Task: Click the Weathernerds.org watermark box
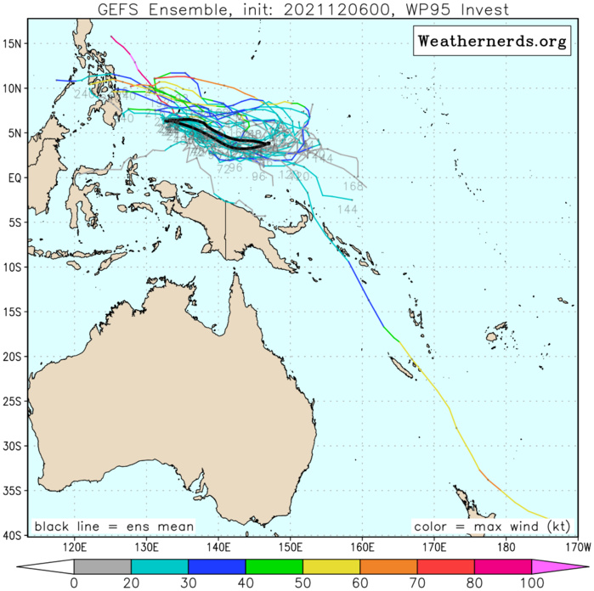(x=491, y=42)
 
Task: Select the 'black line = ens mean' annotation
(x=114, y=527)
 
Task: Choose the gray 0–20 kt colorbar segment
(x=103, y=566)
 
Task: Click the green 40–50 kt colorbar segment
(x=274, y=566)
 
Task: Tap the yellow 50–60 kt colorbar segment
(x=331, y=566)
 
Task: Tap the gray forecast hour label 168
(x=353, y=187)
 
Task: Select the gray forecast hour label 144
(x=347, y=209)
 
